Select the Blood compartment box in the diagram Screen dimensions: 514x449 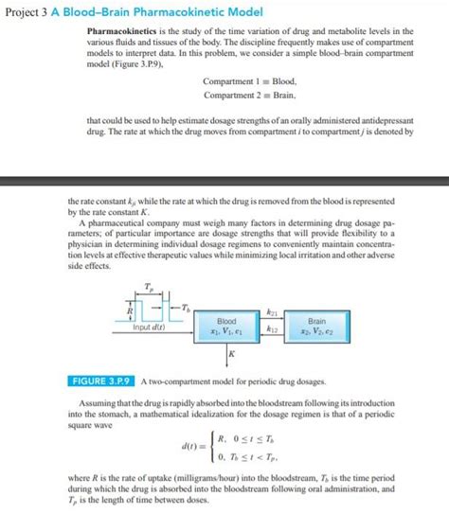[x=227, y=328]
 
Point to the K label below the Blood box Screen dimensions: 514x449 [x=232, y=353]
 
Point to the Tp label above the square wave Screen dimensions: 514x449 [x=147, y=285]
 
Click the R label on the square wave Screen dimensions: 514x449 [x=129, y=309]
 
